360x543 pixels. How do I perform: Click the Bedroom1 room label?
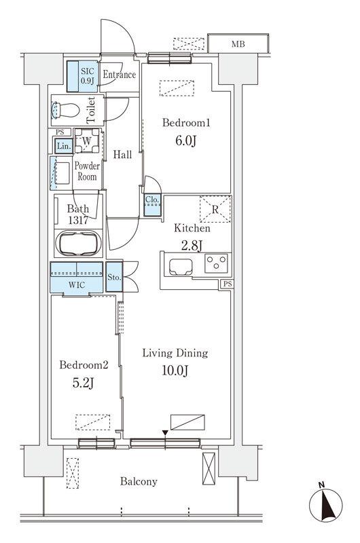[186, 123]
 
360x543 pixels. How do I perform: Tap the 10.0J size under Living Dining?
[175, 371]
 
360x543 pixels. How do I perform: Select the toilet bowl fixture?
[65, 110]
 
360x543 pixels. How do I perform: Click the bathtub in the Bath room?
[79, 243]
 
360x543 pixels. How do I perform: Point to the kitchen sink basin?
[181, 266]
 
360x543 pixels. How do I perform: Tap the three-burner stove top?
[216, 263]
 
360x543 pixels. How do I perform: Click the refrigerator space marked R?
[215, 209]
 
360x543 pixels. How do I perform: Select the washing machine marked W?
[87, 141]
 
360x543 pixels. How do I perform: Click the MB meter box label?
[238, 44]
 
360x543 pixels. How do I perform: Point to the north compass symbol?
[325, 504]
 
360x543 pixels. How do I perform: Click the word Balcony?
[139, 481]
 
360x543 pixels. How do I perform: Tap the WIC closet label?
[77, 285]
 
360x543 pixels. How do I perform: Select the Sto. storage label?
[114, 278]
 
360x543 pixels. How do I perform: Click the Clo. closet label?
[152, 200]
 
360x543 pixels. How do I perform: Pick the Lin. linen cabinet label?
[64, 146]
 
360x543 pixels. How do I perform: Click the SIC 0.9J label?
[88, 76]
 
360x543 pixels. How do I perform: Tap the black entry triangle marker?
[166, 432]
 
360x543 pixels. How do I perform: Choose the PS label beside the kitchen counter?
[228, 284]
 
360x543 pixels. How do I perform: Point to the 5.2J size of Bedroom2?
[83, 382]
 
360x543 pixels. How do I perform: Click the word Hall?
[123, 155]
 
